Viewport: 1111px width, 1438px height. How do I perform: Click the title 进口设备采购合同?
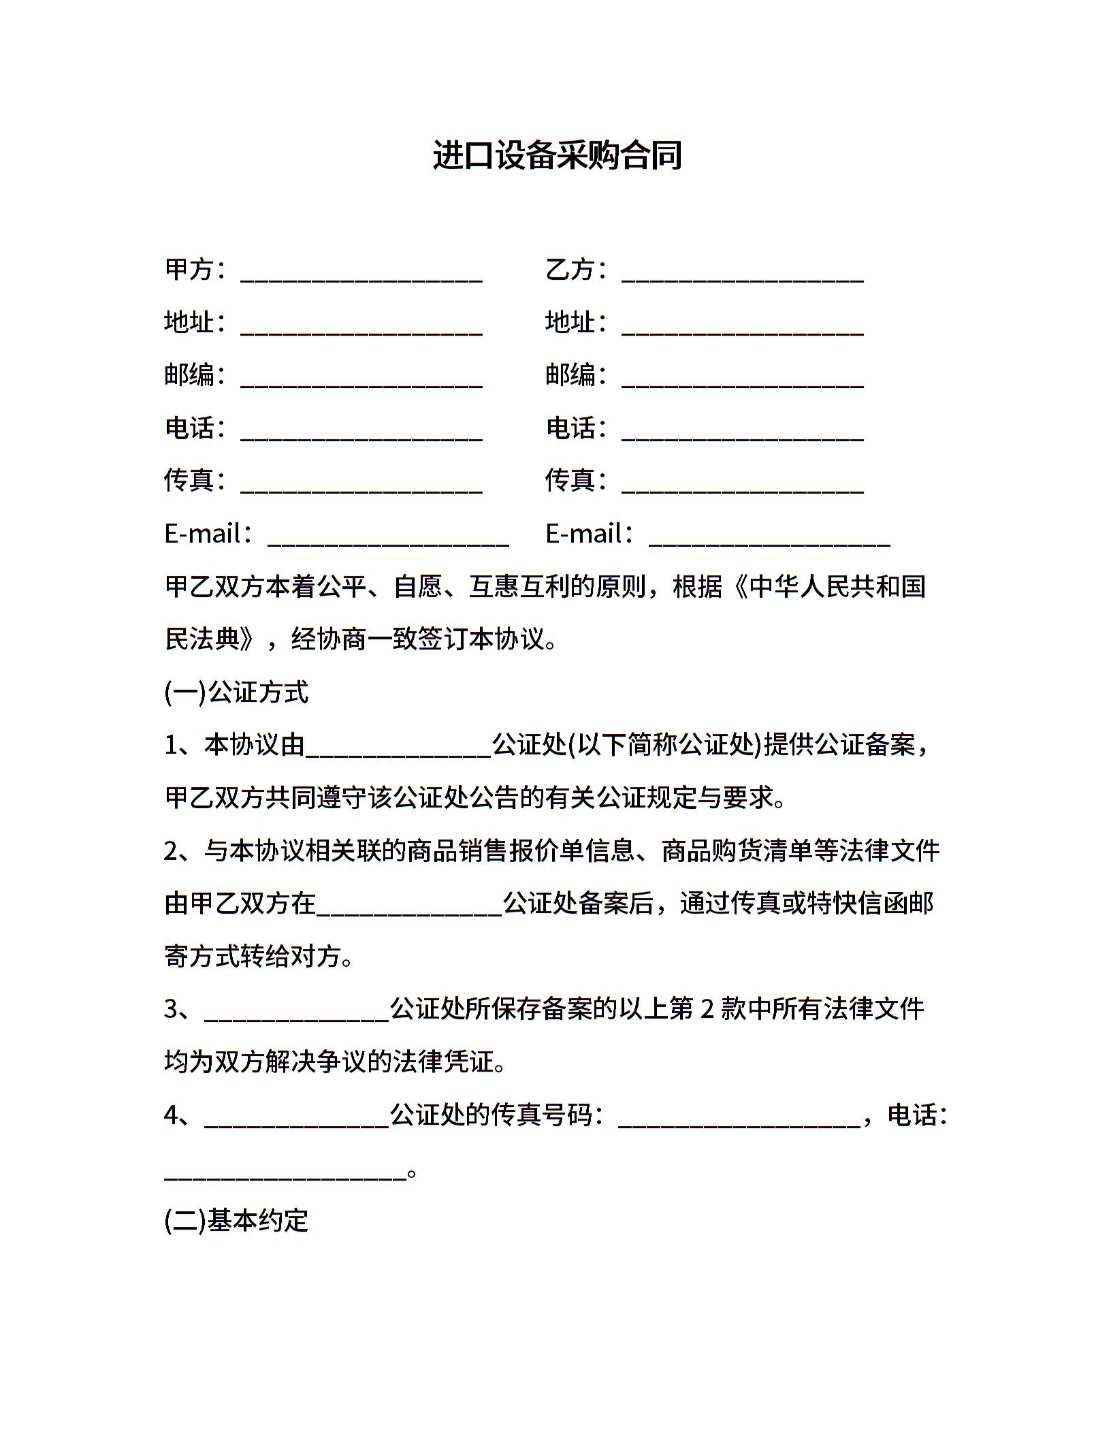[x=557, y=156]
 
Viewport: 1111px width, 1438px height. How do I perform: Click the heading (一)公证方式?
[x=236, y=692]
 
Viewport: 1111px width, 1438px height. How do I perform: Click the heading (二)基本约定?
[x=236, y=1221]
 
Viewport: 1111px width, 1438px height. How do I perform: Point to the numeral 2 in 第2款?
[x=707, y=1010]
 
